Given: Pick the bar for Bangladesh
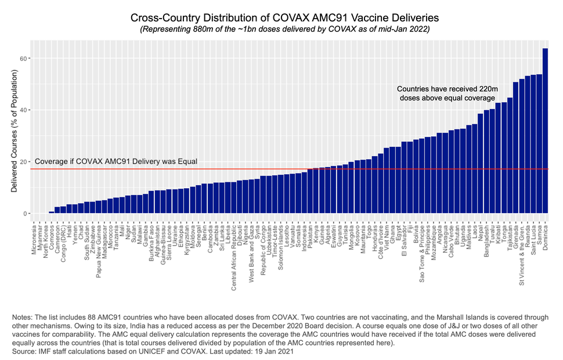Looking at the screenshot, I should point(486,162).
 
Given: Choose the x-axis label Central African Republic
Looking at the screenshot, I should point(234,256).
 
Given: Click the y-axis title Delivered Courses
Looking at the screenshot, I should point(13,130).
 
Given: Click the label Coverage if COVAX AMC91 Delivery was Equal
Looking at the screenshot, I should point(116,161).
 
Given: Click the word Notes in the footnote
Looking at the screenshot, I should point(22,317).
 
